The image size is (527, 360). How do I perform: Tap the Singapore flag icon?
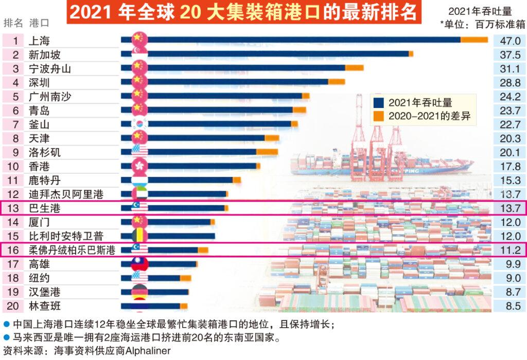coord(139,54)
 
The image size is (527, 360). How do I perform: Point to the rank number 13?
coord(15,208)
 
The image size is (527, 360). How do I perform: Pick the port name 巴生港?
coord(45,208)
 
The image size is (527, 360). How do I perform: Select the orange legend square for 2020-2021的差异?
coord(379,117)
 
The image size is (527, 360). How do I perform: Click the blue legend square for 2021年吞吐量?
coord(379,102)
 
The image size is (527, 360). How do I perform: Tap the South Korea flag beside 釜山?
coord(139,124)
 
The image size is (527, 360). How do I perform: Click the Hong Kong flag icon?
coord(139,166)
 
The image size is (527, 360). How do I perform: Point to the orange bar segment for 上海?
coord(474,40)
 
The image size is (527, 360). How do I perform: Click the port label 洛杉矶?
coord(45,152)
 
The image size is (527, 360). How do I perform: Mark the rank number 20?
coord(15,306)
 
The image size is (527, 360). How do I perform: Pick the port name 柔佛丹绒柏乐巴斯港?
coord(72,250)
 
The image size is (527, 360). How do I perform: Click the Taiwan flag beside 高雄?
coord(139,264)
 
